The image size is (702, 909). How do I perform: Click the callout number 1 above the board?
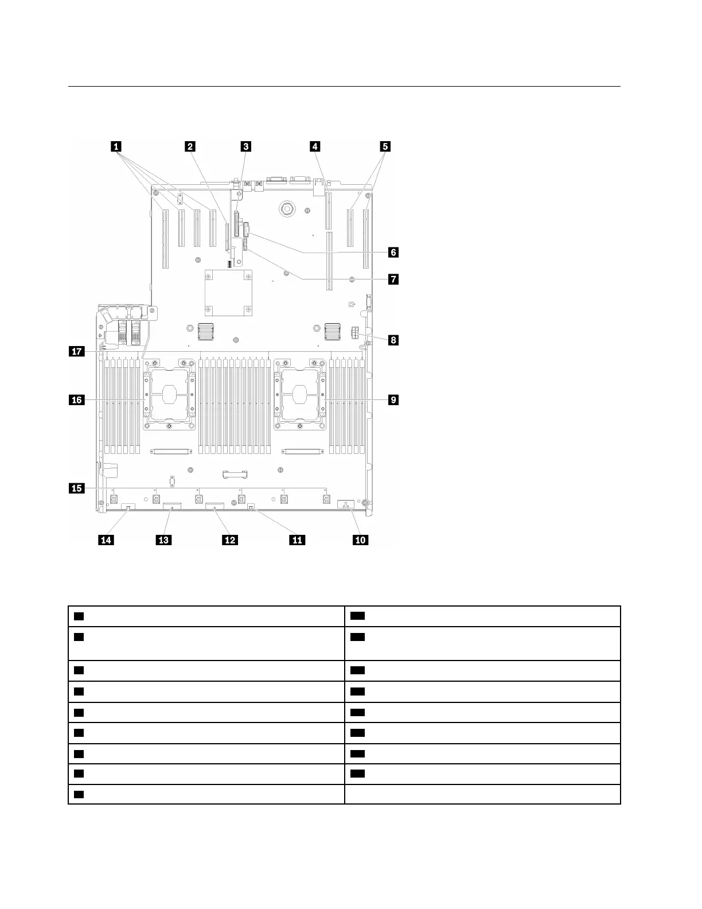[117, 146]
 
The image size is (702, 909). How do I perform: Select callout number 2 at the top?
[189, 146]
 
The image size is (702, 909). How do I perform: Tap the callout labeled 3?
[245, 146]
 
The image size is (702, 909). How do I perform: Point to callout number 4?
[314, 146]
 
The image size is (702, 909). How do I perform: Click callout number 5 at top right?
[385, 146]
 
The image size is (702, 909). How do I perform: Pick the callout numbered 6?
[393, 252]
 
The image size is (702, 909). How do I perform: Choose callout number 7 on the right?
[393, 279]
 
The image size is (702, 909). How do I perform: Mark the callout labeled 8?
[393, 340]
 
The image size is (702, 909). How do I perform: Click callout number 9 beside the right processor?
[393, 399]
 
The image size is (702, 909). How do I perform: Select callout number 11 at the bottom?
[297, 540]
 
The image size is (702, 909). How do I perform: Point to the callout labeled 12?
[230, 540]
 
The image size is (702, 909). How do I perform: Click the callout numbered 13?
[164, 540]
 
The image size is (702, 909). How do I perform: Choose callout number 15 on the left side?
[76, 488]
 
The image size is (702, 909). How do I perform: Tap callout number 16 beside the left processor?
[76, 399]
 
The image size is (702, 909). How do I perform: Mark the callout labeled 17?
[76, 351]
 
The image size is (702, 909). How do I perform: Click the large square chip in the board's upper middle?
[229, 293]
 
